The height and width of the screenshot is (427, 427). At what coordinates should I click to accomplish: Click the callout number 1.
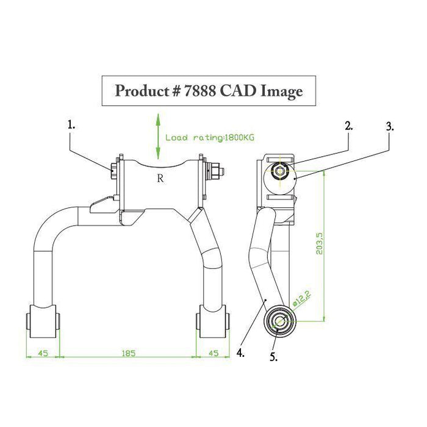pos(71,124)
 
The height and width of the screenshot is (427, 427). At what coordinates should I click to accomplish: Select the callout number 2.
pos(349,126)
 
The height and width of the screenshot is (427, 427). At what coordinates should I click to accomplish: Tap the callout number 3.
pos(389,127)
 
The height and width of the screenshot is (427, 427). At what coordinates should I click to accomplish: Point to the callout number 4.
pos(241,353)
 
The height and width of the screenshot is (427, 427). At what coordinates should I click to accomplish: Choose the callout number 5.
pos(273,357)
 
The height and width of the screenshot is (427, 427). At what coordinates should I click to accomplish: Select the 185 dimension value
pos(128,353)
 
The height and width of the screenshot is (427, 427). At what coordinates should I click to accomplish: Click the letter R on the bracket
pos(160,179)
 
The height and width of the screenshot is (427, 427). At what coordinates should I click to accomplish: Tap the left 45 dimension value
pos(43,353)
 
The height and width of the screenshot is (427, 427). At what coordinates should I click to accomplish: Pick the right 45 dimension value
pos(213,353)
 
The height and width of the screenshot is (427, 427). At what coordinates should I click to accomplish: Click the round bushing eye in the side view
pos(278,320)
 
